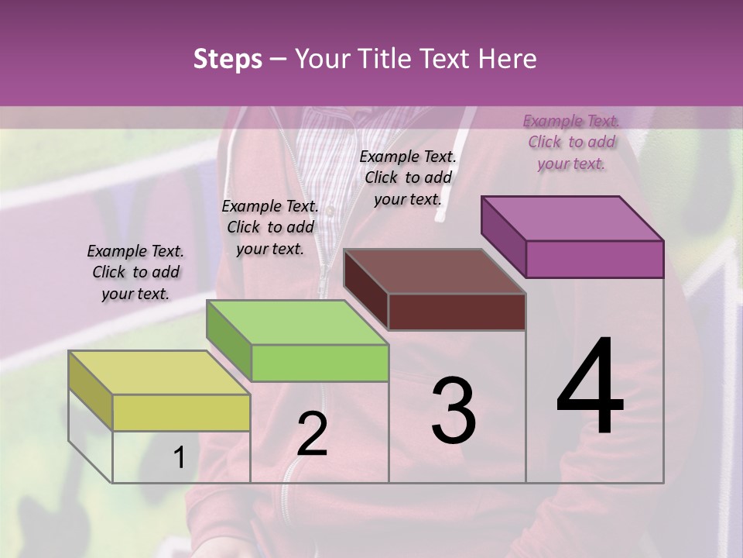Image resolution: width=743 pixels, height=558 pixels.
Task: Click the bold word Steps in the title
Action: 228,59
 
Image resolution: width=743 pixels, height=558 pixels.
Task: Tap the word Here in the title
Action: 505,59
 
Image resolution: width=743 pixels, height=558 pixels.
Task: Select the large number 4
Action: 590,387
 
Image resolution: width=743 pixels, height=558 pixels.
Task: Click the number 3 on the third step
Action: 454,411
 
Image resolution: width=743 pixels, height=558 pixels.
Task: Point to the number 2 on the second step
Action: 312,434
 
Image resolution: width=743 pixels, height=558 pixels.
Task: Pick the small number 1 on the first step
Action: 179,457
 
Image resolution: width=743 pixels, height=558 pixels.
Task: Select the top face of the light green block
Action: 297,322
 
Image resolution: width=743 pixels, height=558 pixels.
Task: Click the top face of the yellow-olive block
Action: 159,372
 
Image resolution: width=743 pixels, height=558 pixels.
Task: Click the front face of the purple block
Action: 594,259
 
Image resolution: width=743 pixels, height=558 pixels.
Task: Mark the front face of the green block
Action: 320,363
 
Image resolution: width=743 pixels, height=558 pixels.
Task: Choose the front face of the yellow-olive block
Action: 181,412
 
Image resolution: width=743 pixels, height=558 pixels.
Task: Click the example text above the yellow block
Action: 135,272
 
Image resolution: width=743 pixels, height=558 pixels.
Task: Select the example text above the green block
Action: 270,227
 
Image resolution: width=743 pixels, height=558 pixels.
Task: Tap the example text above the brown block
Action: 408,177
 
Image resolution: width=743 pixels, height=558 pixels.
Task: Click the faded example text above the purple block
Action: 571,142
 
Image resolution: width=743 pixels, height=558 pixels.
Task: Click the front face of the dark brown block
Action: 457,312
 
